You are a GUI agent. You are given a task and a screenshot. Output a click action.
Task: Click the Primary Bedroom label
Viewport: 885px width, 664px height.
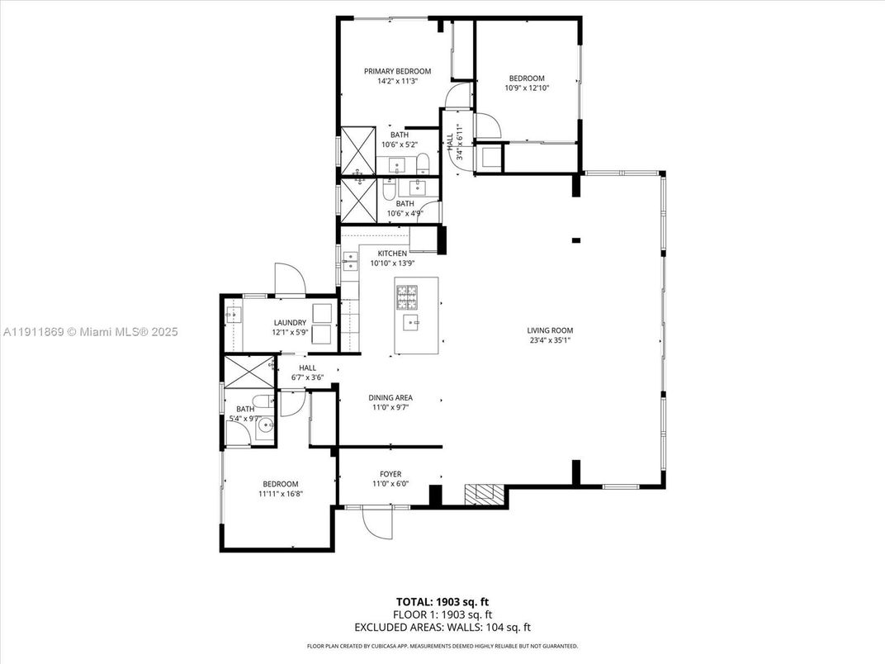pos(397,71)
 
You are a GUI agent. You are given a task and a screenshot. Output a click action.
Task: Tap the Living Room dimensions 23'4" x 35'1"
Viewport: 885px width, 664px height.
pos(550,339)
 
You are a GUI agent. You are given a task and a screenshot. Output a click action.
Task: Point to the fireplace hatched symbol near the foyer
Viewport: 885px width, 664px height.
pos(484,494)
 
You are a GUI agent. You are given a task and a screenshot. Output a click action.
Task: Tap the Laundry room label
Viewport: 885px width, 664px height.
pos(290,323)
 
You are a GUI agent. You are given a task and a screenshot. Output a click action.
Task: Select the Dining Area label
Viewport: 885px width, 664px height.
pos(390,397)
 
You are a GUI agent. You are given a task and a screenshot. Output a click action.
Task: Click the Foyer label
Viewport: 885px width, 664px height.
pos(390,474)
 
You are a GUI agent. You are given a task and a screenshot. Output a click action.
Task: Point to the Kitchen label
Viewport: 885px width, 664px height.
pos(392,253)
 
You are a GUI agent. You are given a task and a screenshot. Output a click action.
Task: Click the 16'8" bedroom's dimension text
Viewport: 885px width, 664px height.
pos(280,494)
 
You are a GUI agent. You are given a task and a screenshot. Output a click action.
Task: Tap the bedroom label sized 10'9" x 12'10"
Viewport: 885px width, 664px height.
pos(527,78)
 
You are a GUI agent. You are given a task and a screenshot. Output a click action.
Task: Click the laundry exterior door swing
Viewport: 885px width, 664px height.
pos(289,279)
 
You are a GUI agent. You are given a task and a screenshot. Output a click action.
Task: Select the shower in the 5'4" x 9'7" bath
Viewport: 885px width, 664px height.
pos(248,372)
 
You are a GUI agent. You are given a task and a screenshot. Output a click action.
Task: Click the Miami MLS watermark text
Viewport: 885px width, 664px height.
pos(91,332)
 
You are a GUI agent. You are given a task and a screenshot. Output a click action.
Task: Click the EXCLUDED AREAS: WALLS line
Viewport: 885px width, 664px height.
pos(442,628)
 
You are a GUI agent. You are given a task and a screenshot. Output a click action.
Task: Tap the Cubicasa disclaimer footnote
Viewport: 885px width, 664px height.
pos(442,646)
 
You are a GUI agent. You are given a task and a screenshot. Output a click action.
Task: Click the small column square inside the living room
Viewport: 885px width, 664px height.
pos(575,240)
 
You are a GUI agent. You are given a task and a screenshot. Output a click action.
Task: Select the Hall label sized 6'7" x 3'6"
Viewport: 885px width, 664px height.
pos(307,368)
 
